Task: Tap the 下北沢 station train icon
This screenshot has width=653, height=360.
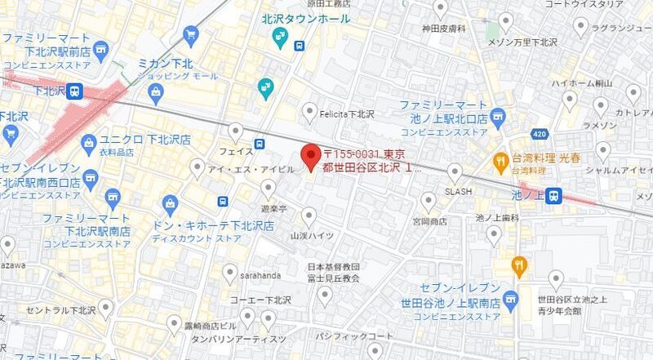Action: tap(74, 91)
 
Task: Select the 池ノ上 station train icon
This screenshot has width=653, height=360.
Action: tap(554, 195)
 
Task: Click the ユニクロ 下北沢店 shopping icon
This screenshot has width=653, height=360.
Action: tap(89, 144)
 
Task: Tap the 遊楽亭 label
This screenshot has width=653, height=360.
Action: tap(274, 208)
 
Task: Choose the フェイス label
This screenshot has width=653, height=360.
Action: tap(237, 151)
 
